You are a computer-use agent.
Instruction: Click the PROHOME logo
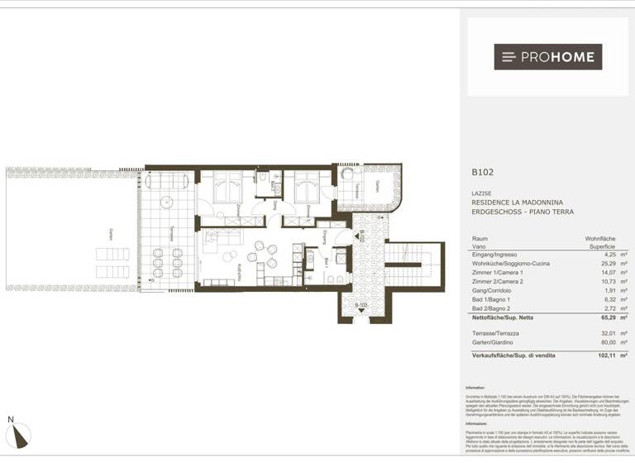[x=547, y=57]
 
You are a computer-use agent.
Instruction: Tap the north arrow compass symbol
[x=17, y=433]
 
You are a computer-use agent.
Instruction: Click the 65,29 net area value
[x=595, y=317]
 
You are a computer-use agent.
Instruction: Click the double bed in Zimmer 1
[x=227, y=187]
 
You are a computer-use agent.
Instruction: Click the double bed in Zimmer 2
[x=308, y=187]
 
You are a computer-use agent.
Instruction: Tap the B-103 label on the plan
[x=360, y=306]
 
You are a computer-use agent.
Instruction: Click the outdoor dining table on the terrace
[x=166, y=262]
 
